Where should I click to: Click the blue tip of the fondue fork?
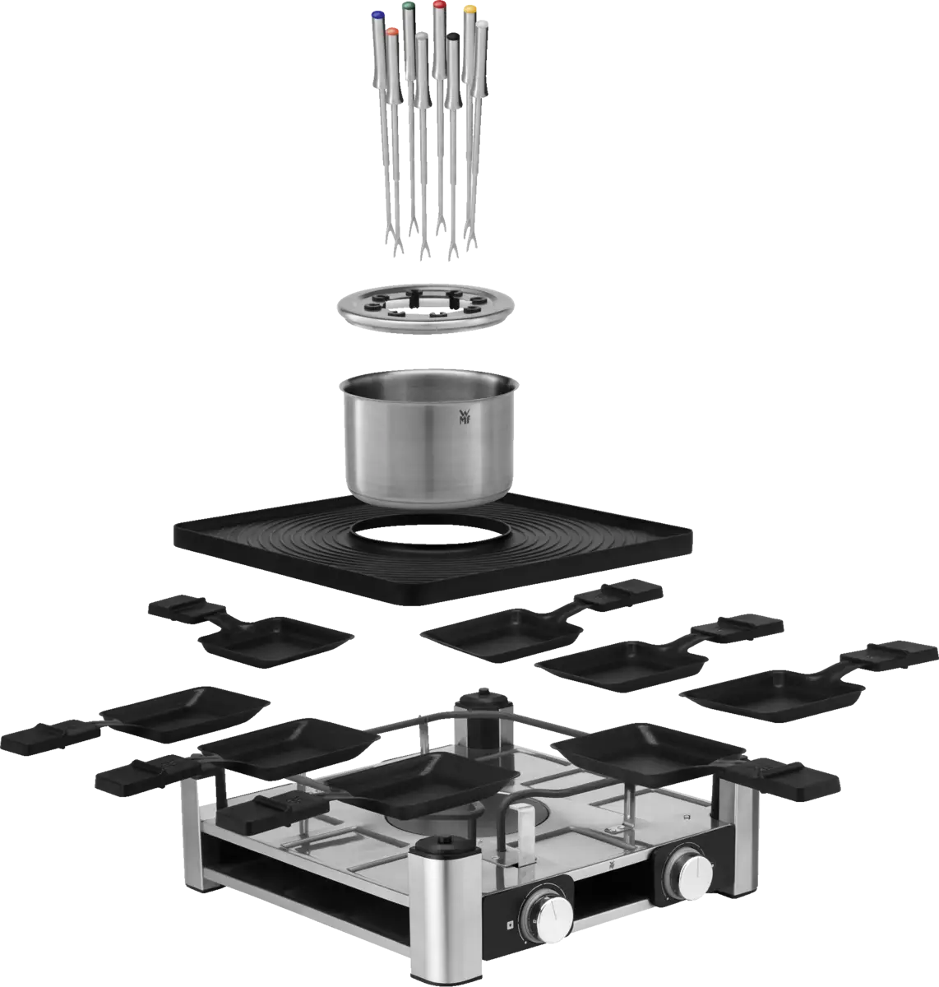coord(377,13)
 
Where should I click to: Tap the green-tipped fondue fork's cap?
coord(409,7)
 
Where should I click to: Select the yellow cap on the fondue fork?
coord(469,10)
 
